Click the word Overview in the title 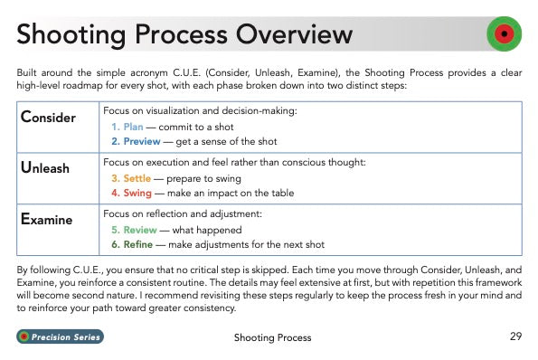[x=294, y=34]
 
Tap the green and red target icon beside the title [x=504, y=33]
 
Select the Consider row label [x=48, y=117]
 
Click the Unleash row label [x=45, y=168]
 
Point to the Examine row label [x=47, y=219]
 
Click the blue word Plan [x=133, y=127]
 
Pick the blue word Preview [x=142, y=141]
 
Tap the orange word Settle [x=137, y=178]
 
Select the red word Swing [x=137, y=193]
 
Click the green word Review [x=140, y=230]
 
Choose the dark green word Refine [x=138, y=244]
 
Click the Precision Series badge [x=60, y=336]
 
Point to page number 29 [x=515, y=336]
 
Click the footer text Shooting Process [x=272, y=337]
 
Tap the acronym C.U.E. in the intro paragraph [x=186, y=72]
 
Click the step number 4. [x=116, y=193]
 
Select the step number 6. [x=116, y=244]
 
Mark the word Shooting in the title [x=71, y=35]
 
